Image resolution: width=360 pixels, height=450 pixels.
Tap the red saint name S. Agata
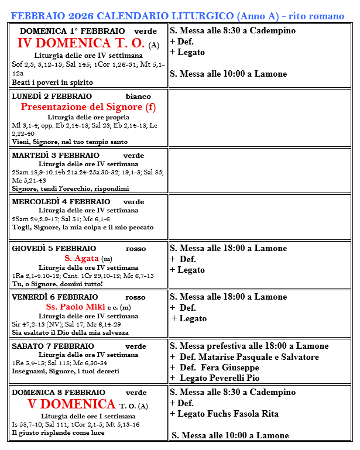coord(81,258)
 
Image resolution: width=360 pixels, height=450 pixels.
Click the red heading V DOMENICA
coord(71,404)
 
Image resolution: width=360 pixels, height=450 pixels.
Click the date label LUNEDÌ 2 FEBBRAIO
coord(52,96)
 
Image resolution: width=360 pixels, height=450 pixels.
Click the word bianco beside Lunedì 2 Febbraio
coord(138,96)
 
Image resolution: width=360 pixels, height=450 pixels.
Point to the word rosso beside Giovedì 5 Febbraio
coord(136,248)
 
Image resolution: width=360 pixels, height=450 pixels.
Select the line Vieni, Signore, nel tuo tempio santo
coord(70,142)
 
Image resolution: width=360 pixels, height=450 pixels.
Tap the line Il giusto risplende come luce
coord(59,432)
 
